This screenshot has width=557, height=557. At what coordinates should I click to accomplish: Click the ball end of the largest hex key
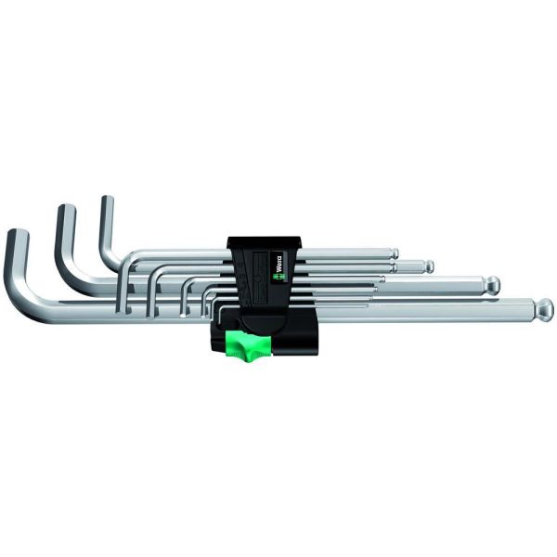coord(544,308)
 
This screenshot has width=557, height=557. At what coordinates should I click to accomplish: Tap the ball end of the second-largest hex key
coord(492,284)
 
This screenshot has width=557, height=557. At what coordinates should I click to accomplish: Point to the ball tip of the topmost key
coord(394,253)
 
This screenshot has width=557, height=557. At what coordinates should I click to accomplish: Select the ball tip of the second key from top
coord(429,266)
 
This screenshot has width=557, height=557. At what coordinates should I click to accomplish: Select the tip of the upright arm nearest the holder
coord(106,201)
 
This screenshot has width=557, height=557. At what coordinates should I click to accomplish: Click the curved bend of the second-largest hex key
coord(74,282)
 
